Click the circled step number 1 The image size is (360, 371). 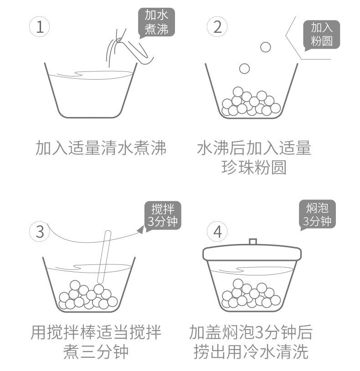40,27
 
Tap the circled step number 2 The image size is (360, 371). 217,27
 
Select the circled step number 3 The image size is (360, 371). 40,231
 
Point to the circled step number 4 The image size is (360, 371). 217,231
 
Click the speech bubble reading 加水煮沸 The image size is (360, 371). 156,22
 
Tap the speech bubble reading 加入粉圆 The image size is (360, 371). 322,35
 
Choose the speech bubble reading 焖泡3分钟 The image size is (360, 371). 317,214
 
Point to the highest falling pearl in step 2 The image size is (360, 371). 265,46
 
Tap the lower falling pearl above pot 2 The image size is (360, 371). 245,69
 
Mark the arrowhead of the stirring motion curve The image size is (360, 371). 141,230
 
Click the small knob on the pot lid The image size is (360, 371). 253,242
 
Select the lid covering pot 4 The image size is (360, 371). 252,253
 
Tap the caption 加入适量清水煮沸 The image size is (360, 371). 101,148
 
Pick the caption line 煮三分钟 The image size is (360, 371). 96,351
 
